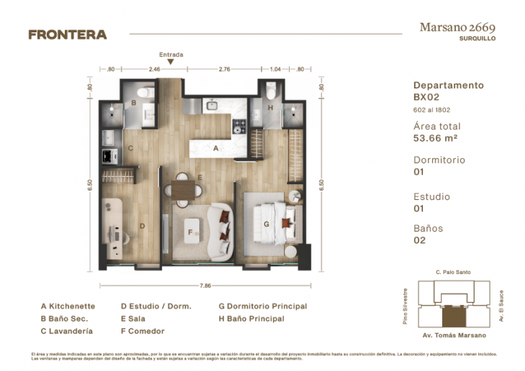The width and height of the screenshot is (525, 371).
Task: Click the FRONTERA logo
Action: pyautogui.click(x=67, y=34)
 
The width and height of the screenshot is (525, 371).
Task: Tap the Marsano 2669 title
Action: pyautogui.click(x=457, y=27)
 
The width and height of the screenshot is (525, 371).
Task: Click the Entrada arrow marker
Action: pyautogui.click(x=170, y=62)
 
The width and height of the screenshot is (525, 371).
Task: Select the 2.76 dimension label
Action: pyautogui.click(x=224, y=70)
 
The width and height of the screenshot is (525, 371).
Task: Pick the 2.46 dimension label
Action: pyautogui.click(x=154, y=70)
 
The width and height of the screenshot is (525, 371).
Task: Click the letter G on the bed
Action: pyautogui.click(x=266, y=224)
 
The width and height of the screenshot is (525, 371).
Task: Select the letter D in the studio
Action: pyautogui.click(x=142, y=226)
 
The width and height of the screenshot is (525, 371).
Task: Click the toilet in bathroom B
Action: pyautogui.click(x=145, y=91)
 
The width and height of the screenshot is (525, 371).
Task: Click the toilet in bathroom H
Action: pyautogui.click(x=270, y=91)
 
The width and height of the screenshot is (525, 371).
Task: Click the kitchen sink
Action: pyautogui.click(x=212, y=106)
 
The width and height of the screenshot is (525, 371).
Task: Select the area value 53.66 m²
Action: pyautogui.click(x=436, y=139)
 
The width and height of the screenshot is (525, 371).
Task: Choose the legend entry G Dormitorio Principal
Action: pyautogui.click(x=262, y=306)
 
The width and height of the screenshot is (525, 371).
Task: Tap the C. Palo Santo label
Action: pyautogui.click(x=452, y=272)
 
